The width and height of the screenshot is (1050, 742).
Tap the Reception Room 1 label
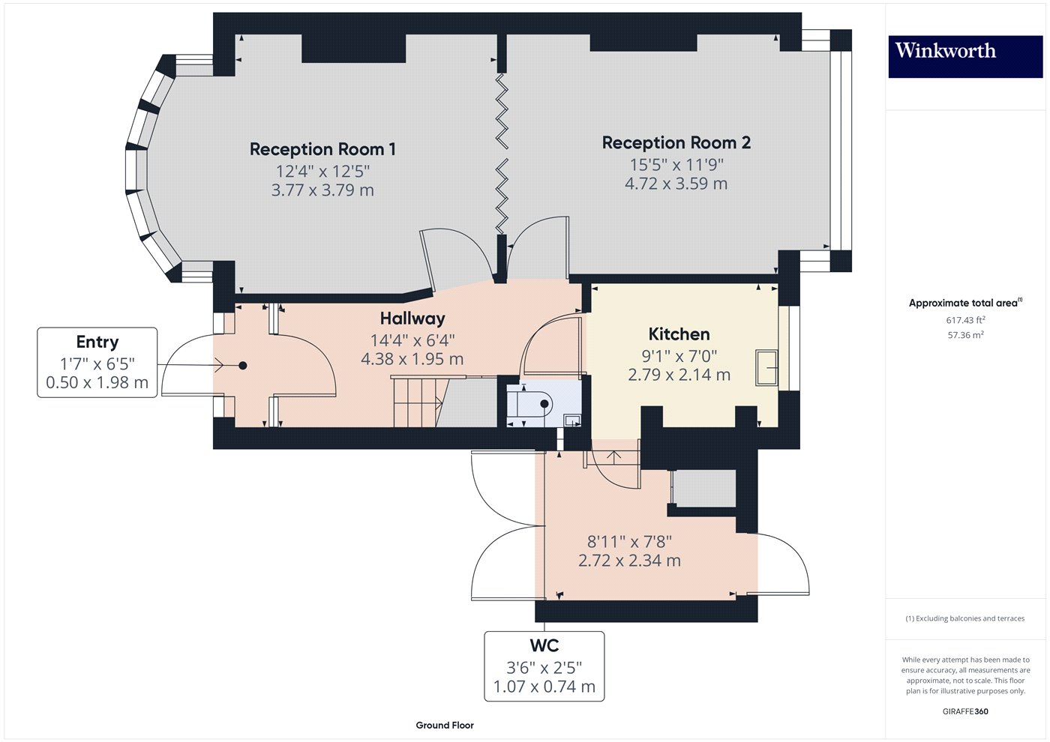point(322,149)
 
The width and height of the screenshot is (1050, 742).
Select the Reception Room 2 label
point(676,142)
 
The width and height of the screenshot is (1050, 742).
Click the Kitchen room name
point(679,334)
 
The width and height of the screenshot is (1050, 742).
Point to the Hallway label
point(412,319)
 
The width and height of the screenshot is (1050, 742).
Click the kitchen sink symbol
point(766,367)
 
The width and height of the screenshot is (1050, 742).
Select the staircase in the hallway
point(415,402)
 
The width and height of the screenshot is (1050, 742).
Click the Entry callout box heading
point(97,342)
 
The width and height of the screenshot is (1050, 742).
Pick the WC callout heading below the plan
point(544,646)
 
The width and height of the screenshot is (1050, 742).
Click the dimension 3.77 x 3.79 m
point(322,190)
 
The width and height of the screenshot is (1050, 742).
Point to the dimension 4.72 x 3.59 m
point(676,184)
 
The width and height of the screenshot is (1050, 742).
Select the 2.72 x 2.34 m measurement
point(629,561)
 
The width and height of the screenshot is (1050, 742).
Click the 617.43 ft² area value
point(965,320)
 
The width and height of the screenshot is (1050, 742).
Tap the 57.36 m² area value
point(965,335)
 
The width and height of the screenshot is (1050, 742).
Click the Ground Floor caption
point(445,725)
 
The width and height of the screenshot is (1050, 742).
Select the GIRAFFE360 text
point(965,711)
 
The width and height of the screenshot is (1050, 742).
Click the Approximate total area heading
point(964,303)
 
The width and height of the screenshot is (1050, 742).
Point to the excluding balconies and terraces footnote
point(964,618)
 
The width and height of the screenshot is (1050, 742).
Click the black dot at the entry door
point(243,366)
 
